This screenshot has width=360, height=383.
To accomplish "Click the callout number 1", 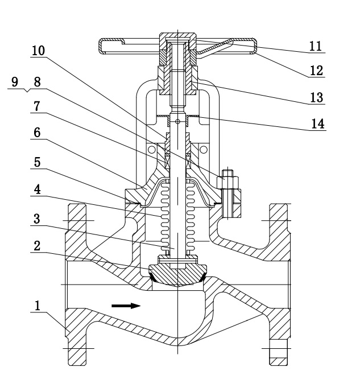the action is point(38,306).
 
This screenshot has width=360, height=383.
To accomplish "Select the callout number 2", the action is point(37,246).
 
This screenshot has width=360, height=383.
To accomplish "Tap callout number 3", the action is point(36,219).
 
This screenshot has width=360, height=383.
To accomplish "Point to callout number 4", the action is point(37,190).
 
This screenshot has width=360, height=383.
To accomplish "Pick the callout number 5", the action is point(37,162).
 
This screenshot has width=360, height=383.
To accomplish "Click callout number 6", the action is point(37,133).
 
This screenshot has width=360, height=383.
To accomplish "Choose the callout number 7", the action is point(36,106).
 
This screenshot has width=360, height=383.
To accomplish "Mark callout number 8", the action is point(37,82).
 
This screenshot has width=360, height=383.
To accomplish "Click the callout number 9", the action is point(15,81).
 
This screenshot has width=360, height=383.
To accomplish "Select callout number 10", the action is point(39,51).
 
